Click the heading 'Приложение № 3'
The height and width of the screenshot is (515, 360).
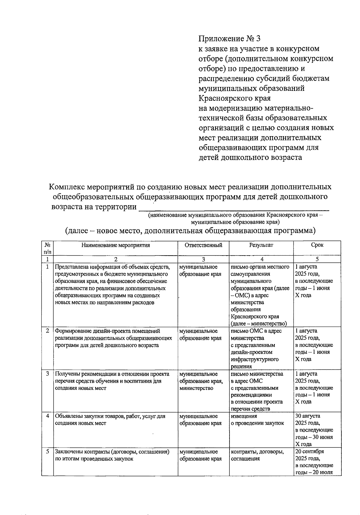tap(229, 38)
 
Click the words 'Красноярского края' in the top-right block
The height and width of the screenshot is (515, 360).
tap(235, 98)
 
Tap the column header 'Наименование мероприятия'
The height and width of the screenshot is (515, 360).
tap(115, 245)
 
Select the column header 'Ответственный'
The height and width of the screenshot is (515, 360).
tap(203, 245)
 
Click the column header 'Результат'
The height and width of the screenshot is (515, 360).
tap(261, 245)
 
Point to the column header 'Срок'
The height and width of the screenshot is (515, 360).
tap(317, 245)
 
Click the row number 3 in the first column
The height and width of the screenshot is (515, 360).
tap(47, 374)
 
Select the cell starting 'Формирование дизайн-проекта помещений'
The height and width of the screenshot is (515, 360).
tap(113, 338)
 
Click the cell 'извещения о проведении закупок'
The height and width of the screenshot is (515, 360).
tap(257, 420)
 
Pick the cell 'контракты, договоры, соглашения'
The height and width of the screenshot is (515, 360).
tap(257, 455)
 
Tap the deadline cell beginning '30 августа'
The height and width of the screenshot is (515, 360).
tap(314, 430)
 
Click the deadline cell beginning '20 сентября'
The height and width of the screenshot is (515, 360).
tap(314, 462)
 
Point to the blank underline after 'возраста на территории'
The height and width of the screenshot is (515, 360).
tap(234, 208)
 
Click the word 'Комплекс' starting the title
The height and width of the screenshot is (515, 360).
tap(66, 187)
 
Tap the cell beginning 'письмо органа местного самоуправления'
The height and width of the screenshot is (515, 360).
tap(260, 295)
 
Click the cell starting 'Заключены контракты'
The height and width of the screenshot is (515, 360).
tap(112, 455)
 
